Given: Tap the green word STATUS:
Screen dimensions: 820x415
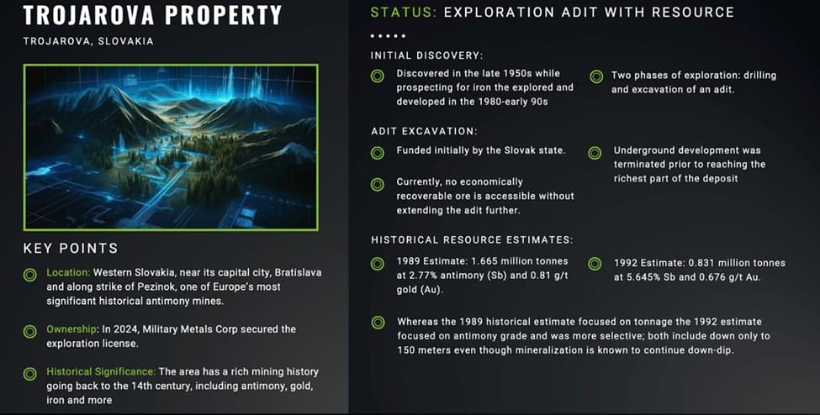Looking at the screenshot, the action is [x=403, y=12].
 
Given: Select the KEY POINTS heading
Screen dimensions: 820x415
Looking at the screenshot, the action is [x=71, y=249].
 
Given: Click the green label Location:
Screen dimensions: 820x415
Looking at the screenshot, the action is [x=68, y=272].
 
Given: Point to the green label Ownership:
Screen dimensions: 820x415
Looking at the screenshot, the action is [x=72, y=329].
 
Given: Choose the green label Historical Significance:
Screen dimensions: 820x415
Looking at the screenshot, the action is [x=101, y=371].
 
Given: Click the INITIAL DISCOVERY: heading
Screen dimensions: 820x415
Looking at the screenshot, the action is [x=426, y=55].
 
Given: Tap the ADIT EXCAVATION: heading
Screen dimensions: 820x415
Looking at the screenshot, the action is [x=424, y=131].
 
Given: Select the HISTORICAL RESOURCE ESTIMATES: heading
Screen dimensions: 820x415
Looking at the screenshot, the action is [x=472, y=240].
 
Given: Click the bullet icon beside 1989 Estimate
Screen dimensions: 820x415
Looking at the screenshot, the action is [x=377, y=264].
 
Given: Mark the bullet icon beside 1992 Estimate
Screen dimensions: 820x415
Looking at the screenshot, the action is [x=595, y=264].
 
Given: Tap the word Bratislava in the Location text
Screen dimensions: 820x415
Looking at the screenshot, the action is [x=298, y=272].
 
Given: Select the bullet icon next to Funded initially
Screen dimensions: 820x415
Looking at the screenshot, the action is [x=377, y=153].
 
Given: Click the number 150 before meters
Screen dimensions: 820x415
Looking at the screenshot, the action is [x=406, y=350].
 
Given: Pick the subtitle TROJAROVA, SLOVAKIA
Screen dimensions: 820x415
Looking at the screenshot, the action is [x=88, y=41].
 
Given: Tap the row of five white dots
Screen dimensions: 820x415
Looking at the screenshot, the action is [x=388, y=36].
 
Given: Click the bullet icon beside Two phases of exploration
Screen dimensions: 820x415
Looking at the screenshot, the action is [x=596, y=76].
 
